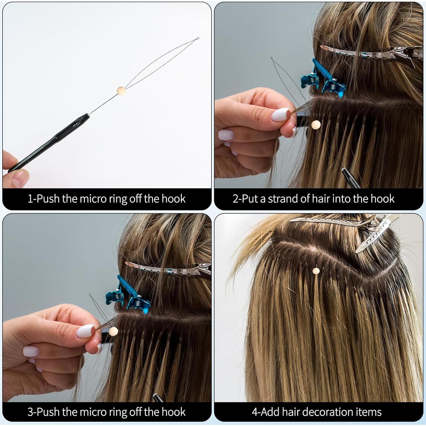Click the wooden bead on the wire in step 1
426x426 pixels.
(121, 91)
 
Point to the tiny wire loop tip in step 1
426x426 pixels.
(198, 38)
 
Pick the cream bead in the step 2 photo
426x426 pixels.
(316, 124)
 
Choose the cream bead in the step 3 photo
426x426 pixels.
(113, 331)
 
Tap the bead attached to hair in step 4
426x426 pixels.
(316, 271)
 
